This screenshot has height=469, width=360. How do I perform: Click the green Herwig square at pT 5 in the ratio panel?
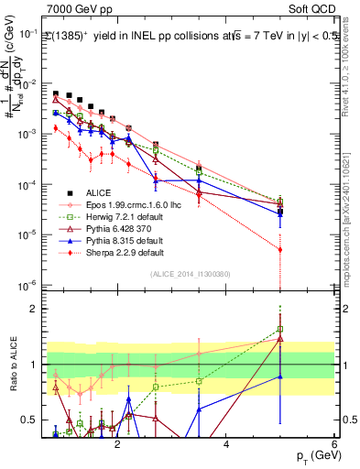coord(279,329)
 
